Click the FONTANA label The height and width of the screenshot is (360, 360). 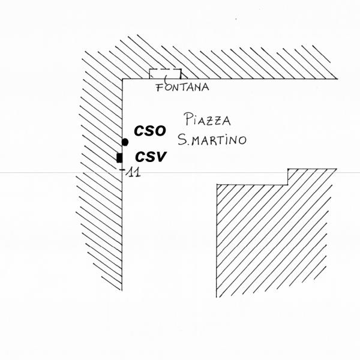pos(182,88)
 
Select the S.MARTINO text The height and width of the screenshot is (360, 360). pos(212,140)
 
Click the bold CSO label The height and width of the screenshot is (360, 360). pos(150,130)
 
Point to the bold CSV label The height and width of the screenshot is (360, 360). pos(150,157)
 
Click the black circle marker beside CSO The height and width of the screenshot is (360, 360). pos(125,142)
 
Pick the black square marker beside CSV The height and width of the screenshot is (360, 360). pos(119,158)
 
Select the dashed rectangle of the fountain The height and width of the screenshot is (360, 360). pos(166,74)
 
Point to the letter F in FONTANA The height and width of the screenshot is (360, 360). pos(160,88)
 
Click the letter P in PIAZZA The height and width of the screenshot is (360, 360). pos(188,118)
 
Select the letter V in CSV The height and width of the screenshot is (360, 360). pos(161,157)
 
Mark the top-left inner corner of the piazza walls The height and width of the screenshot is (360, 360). pos(123,79)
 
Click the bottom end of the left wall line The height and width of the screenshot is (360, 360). pos(122,290)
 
